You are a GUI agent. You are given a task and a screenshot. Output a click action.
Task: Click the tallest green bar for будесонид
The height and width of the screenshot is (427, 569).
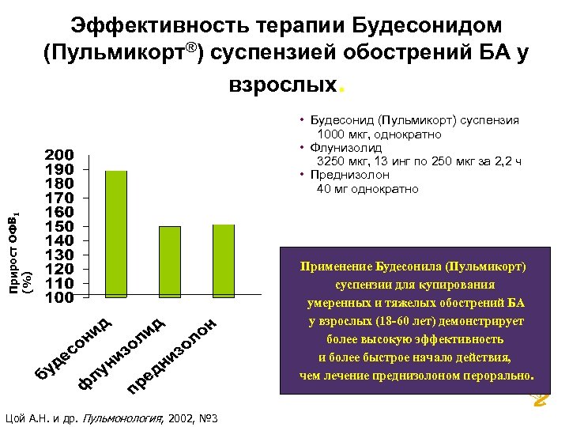point(116,234)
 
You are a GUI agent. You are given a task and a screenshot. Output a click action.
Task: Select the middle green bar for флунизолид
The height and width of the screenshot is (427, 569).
point(170,262)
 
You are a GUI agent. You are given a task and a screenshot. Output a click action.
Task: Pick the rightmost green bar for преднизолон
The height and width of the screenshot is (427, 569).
point(224,261)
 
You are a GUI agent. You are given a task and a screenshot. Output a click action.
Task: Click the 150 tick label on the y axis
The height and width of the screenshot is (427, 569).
point(59,226)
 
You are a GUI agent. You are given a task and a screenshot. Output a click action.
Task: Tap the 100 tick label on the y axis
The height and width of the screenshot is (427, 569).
point(59,298)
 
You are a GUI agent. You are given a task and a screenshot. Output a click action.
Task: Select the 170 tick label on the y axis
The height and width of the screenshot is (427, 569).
point(59,197)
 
